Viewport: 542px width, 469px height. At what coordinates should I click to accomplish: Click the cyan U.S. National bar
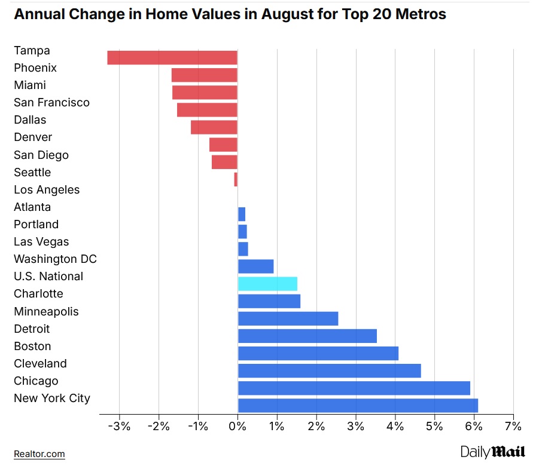(267, 284)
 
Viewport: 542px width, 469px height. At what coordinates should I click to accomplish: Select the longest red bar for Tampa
(172, 57)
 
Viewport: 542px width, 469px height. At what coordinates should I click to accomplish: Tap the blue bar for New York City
(358, 405)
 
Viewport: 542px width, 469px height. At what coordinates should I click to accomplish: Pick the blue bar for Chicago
(354, 388)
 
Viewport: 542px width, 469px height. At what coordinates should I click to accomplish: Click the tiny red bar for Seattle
(236, 179)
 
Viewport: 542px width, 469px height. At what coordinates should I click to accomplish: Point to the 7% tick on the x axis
(513, 427)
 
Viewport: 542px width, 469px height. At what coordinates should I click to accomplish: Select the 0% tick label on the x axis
(237, 427)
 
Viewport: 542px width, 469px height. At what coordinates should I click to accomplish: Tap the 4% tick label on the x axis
(395, 427)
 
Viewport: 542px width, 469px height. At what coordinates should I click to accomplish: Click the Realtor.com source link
(39, 454)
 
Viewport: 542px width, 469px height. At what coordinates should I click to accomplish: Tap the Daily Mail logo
(492, 452)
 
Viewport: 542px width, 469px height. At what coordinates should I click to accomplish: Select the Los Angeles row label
(47, 189)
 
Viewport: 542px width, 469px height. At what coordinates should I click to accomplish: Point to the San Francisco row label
(51, 103)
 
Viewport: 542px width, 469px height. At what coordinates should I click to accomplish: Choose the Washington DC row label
(55, 259)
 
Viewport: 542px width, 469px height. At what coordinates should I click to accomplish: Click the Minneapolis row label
(46, 311)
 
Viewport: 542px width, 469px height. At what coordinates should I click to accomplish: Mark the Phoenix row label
(35, 68)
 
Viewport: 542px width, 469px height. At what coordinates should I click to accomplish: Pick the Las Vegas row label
(41, 241)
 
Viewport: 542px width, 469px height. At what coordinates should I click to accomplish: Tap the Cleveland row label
(40, 363)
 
